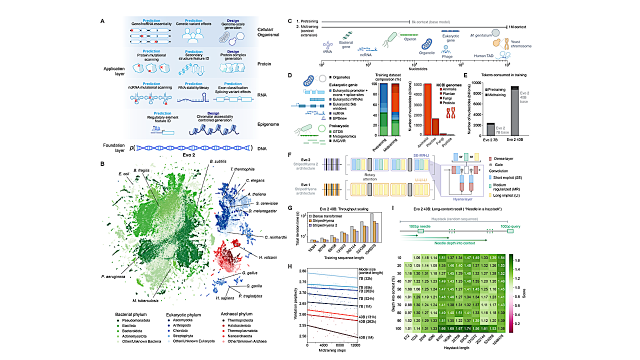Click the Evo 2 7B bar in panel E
point(491,129)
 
